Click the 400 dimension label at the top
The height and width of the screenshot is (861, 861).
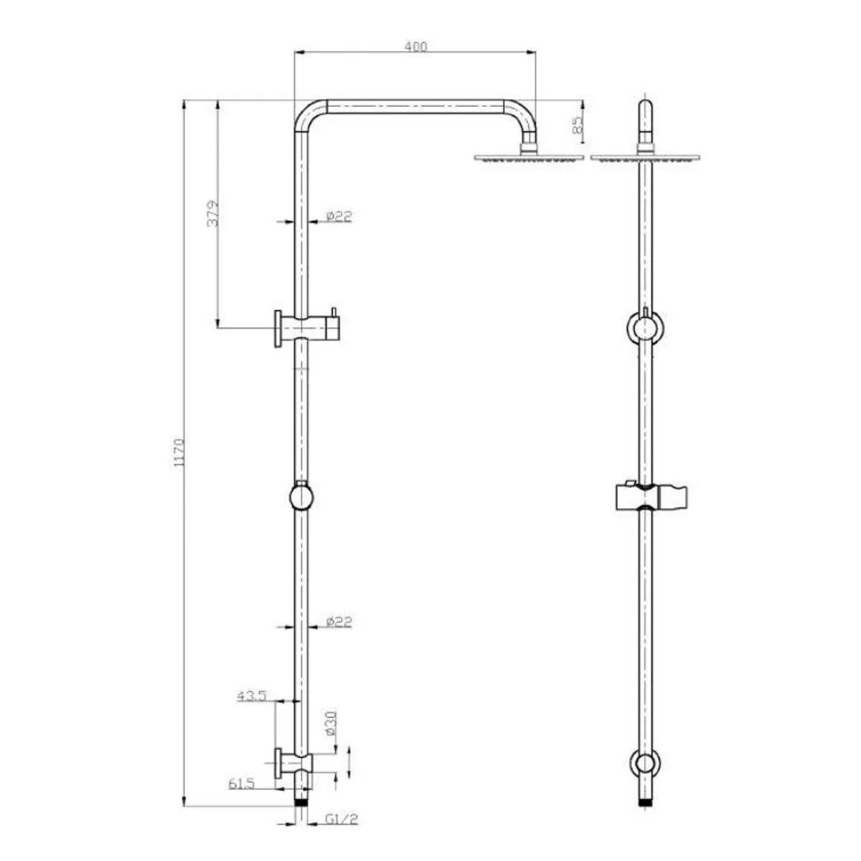(x=415, y=47)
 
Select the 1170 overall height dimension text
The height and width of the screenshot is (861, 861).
(x=178, y=453)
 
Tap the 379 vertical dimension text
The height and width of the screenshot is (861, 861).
(x=213, y=213)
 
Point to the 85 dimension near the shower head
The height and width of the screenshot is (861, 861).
(x=578, y=125)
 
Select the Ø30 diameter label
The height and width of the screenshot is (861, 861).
(x=331, y=723)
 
